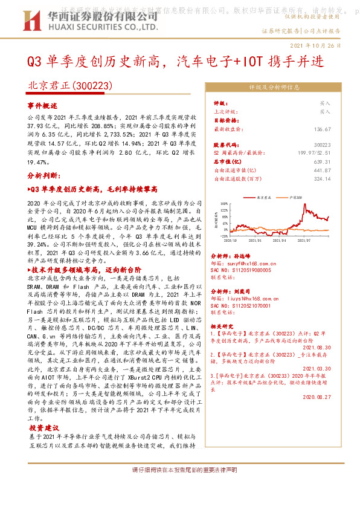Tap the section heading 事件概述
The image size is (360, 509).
[x=42, y=105]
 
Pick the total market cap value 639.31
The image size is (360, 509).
[x=322, y=162]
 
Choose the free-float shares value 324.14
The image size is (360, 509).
[x=322, y=179]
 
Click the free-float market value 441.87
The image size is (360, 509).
[x=322, y=170]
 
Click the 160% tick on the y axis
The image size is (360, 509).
[x=222, y=204]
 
